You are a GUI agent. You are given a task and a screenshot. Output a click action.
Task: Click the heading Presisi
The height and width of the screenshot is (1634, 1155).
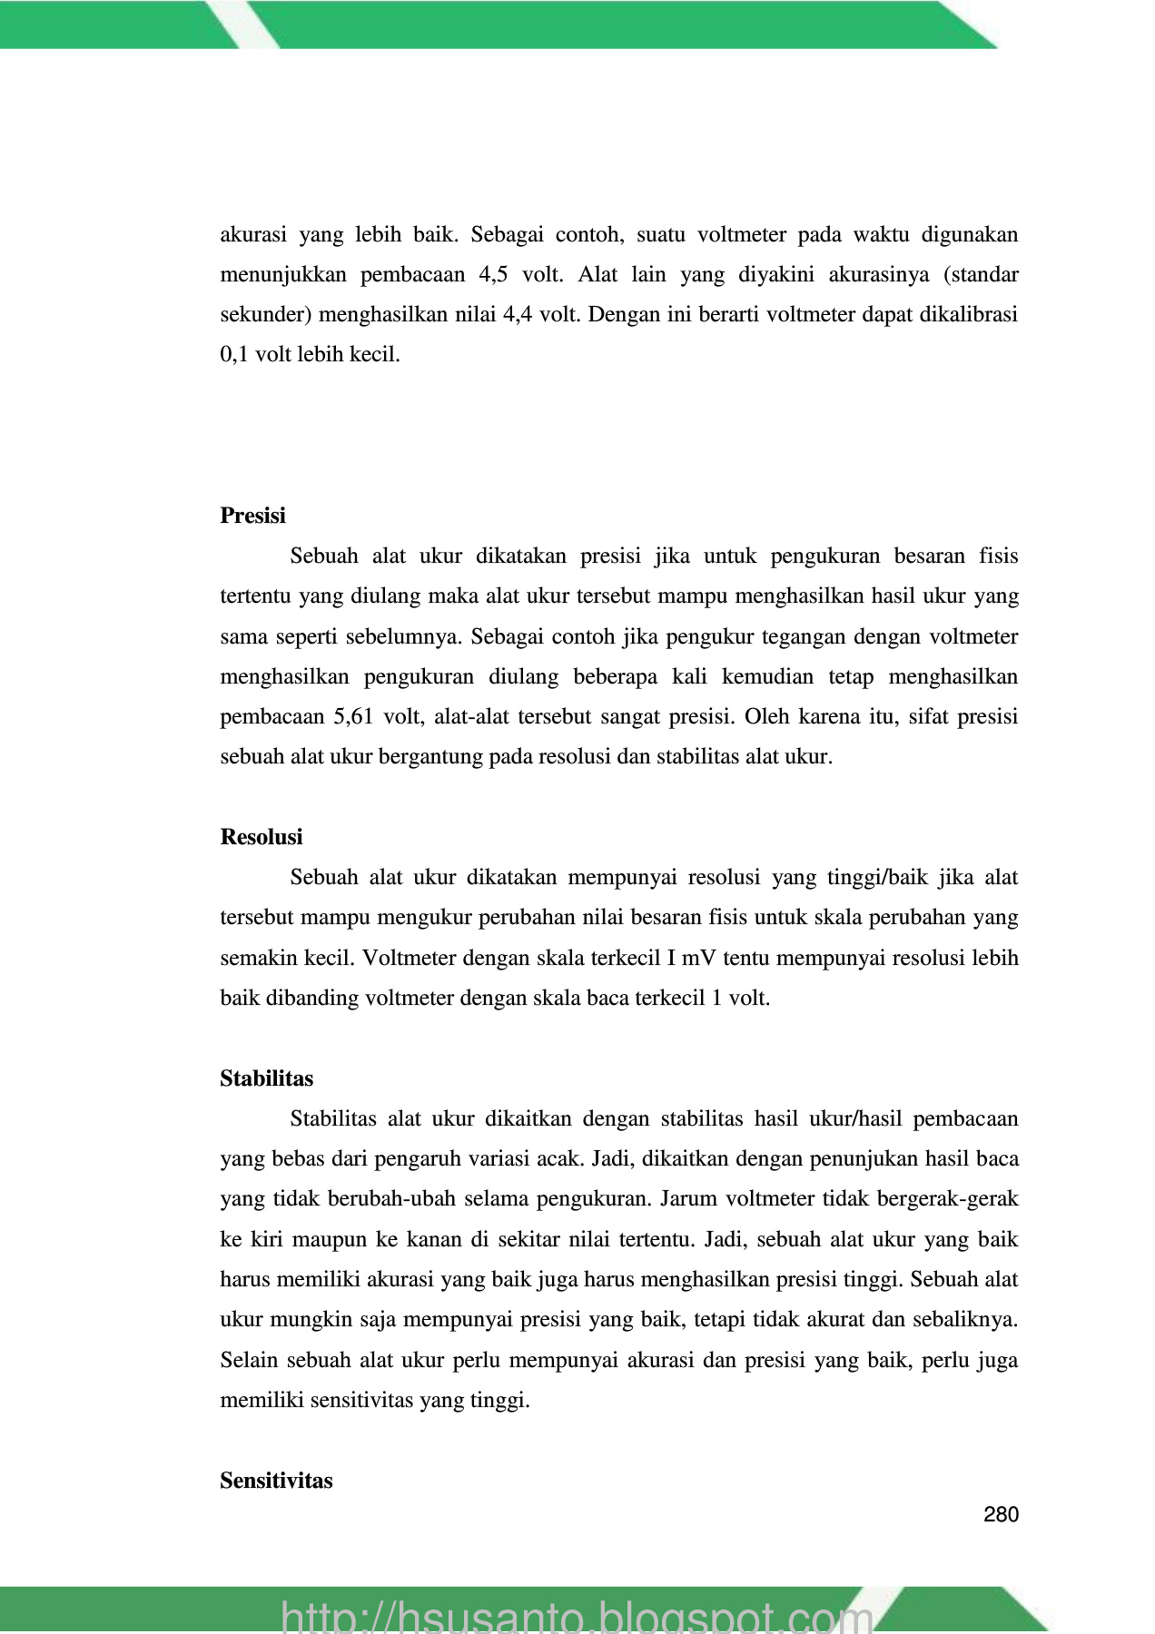252,516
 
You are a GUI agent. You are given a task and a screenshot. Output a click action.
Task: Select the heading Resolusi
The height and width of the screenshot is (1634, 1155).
262,837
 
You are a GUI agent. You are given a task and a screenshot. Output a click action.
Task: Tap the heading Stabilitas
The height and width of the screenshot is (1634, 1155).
266,1078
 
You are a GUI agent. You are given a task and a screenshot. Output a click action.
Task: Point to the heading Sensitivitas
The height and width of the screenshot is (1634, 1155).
276,1481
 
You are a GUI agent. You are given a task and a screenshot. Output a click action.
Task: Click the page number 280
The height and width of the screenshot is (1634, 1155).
1001,1514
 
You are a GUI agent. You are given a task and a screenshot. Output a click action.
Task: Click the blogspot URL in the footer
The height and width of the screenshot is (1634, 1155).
577,1616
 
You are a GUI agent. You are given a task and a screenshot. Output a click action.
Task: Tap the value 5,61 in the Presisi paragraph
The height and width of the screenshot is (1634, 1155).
354,717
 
